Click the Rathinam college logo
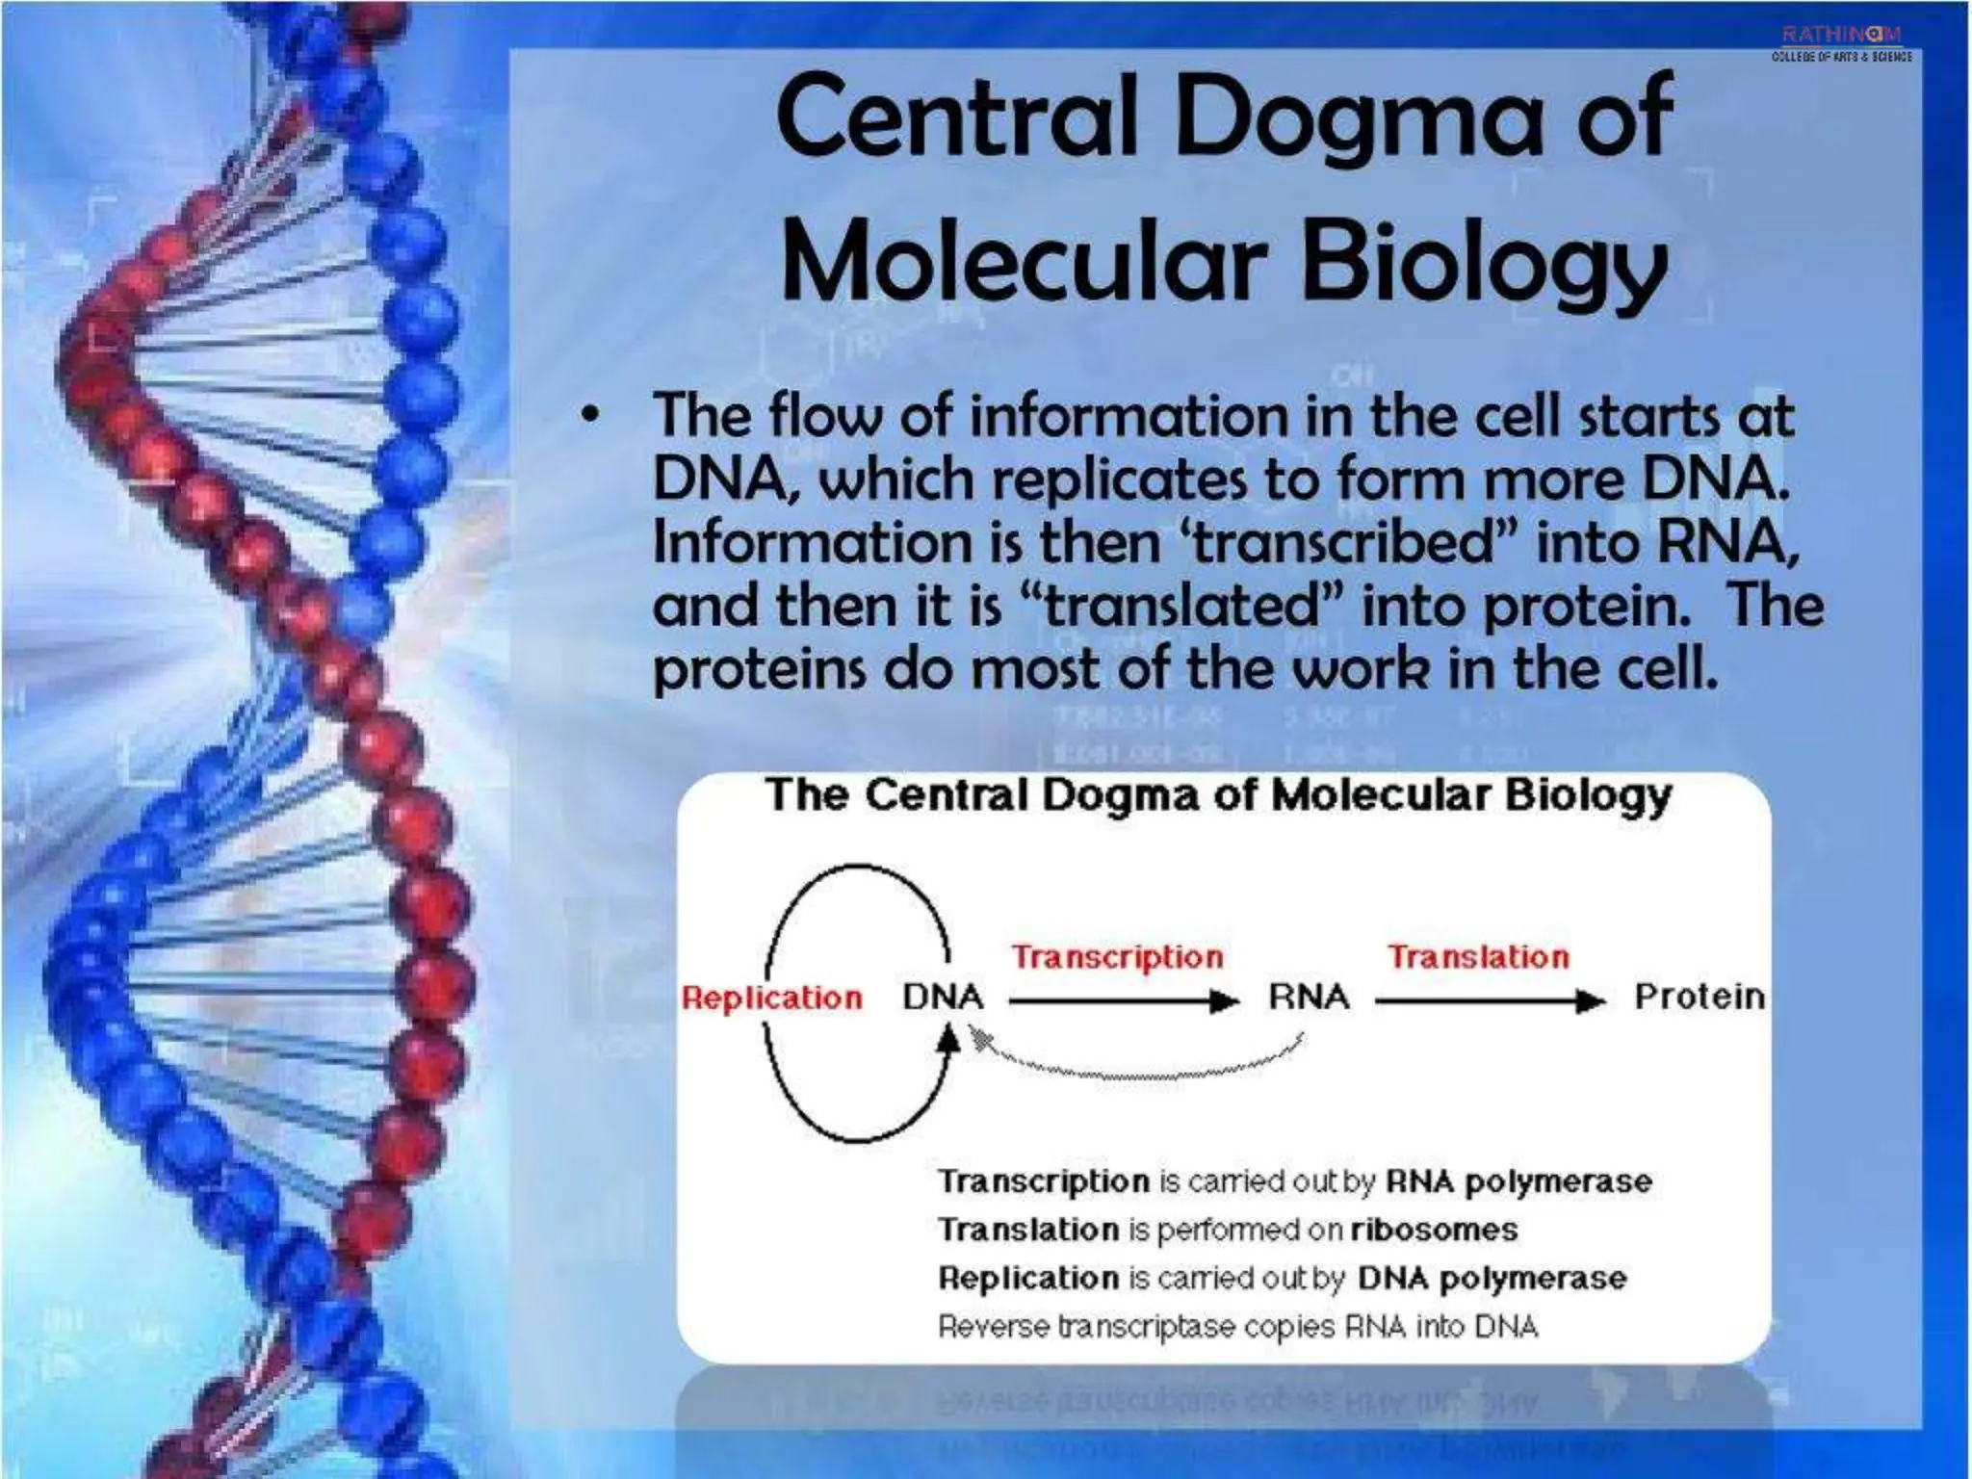1841,43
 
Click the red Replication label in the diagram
772,998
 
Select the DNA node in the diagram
942,997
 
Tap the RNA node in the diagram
1309,997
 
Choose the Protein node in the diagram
1700,997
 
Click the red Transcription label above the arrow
1117,956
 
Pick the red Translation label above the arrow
1478,956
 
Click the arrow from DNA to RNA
1123,1002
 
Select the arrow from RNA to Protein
1489,1002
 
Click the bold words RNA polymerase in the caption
1518,1181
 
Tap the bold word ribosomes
1434,1230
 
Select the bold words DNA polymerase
1492,1279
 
